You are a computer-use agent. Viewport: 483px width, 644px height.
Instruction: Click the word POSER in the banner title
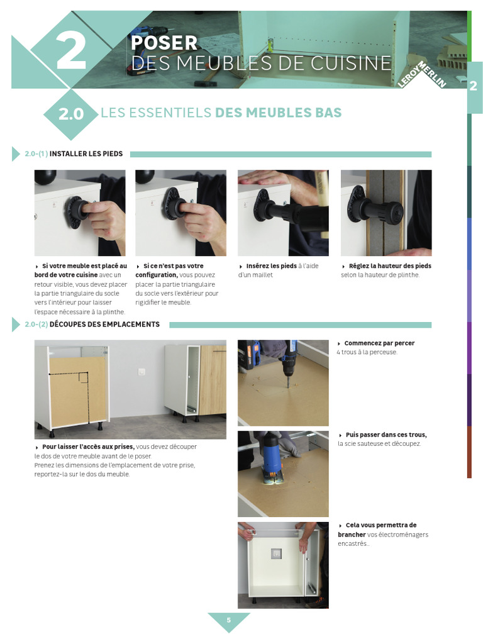coord(164,43)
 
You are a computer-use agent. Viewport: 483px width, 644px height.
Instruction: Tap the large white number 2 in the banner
coord(71,50)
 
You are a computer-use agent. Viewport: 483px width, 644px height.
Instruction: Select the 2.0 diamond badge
coord(70,114)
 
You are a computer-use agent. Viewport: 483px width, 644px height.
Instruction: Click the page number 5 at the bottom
coord(229,620)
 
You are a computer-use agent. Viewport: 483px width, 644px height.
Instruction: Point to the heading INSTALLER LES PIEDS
coord(86,153)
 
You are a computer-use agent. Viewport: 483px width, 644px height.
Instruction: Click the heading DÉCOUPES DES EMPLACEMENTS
coord(104,324)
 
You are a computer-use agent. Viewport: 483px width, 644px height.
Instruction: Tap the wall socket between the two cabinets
coord(142,372)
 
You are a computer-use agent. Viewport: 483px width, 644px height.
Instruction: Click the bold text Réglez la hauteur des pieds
coord(390,266)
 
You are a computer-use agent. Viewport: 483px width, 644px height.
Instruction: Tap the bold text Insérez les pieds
coord(271,266)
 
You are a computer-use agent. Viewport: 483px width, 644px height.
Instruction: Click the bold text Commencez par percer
coord(379,343)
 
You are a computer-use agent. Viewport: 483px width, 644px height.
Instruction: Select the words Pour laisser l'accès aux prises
coord(88,447)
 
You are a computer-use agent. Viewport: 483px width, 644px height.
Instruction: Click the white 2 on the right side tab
coord(473,85)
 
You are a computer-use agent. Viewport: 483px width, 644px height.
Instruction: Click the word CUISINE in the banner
coord(351,63)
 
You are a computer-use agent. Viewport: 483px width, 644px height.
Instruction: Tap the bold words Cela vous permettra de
coord(381,525)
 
